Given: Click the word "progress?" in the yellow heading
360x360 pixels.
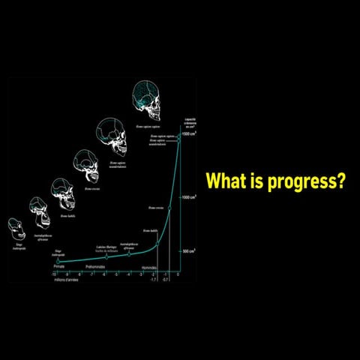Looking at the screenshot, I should (304, 181).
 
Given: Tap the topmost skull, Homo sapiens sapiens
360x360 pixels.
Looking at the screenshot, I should (148, 102).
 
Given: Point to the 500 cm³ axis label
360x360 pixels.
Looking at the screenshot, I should (190, 251).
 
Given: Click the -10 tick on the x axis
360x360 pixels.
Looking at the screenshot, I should (54, 275).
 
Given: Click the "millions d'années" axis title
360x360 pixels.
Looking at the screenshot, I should (64, 280).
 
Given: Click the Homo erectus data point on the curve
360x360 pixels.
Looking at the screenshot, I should (169, 208).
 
